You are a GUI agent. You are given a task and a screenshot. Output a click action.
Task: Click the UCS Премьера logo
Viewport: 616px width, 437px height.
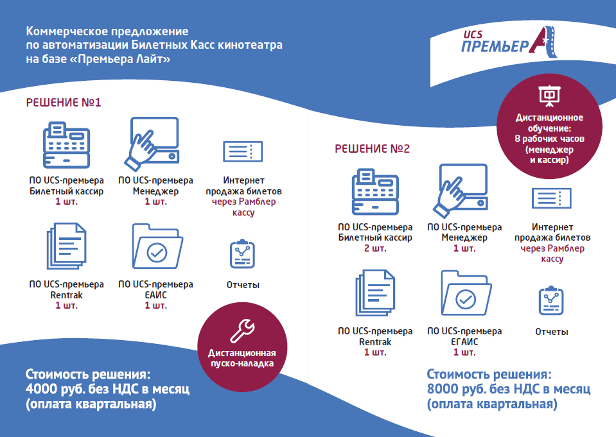coord(509,42)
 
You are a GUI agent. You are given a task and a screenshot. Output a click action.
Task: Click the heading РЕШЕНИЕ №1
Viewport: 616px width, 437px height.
coord(64,103)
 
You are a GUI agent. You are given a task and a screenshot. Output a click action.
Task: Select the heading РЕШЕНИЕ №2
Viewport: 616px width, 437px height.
coord(372,149)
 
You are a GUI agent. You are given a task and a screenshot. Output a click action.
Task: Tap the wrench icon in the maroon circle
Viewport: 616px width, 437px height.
coord(242,331)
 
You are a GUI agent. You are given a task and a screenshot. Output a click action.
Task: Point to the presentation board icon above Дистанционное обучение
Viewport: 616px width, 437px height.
coord(549,96)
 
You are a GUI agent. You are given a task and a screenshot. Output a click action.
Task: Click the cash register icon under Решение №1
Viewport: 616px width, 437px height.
coord(66,145)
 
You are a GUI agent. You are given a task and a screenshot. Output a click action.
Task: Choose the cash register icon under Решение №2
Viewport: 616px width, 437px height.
coord(375,192)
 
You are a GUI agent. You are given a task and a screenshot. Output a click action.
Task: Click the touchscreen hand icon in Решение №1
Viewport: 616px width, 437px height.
coord(152,144)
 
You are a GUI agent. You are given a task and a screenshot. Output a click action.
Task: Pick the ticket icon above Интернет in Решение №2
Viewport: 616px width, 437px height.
coord(552,198)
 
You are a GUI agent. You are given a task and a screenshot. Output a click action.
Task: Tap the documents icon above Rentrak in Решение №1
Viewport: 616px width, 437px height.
coord(66,246)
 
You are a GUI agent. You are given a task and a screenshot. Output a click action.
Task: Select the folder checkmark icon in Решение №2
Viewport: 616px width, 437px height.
coord(466,293)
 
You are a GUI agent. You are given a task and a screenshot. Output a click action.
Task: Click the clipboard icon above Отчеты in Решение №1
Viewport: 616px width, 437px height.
coord(242,253)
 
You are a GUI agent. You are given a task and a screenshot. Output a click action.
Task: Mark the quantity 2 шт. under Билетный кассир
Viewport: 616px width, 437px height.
coord(375,248)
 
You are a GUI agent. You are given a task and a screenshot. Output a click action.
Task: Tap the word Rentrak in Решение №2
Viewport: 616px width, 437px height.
coord(375,342)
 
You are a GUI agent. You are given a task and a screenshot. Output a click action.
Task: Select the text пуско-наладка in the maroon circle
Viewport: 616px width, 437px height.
coord(242,364)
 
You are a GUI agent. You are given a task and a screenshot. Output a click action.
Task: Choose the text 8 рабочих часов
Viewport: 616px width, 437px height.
coord(549,139)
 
